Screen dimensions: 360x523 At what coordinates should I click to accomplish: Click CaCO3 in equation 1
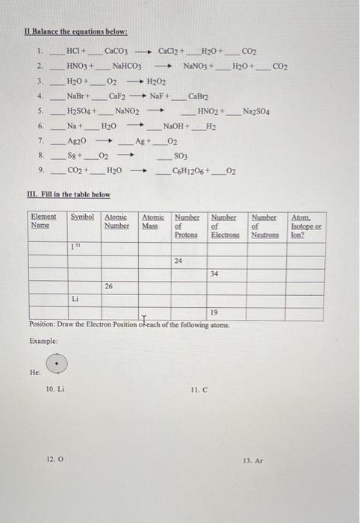[117, 52]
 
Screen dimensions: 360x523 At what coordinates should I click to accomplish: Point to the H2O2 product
[156, 81]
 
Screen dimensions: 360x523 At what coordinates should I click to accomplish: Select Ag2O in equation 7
[77, 141]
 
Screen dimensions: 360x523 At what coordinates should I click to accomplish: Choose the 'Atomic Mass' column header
[153, 221]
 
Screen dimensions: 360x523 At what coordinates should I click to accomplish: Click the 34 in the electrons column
[214, 273]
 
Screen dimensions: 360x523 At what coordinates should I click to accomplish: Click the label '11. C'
[198, 390]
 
